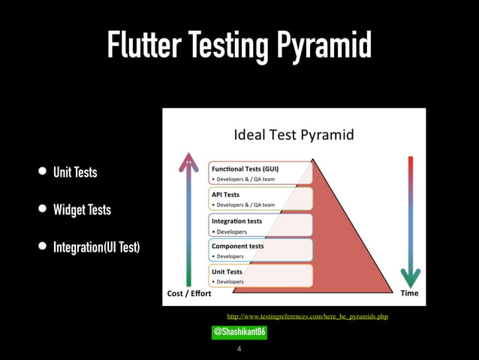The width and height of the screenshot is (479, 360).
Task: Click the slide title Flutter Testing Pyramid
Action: click(239, 46)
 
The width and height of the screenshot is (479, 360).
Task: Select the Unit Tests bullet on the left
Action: click(74, 173)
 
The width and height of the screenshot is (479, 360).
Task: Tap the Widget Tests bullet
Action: click(81, 210)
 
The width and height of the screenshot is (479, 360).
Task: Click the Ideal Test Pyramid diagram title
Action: click(294, 136)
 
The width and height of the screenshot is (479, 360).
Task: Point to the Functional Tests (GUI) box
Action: click(260, 173)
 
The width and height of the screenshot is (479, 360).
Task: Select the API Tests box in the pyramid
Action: click(260, 198)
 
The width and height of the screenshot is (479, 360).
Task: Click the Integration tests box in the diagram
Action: click(260, 225)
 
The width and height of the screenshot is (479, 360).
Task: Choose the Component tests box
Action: click(260, 250)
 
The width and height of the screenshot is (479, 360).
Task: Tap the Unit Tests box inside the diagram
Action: click(260, 276)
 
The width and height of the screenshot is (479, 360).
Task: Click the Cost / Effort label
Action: click(188, 293)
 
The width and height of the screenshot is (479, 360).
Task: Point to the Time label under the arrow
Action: click(409, 293)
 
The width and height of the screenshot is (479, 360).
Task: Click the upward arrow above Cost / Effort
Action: click(188, 218)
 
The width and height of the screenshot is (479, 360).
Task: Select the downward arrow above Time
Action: click(410, 218)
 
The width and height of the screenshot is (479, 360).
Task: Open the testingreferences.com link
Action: click(302, 317)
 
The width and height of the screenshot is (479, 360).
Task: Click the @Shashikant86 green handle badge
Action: click(239, 332)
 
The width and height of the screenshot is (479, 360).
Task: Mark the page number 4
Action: click(239, 349)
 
